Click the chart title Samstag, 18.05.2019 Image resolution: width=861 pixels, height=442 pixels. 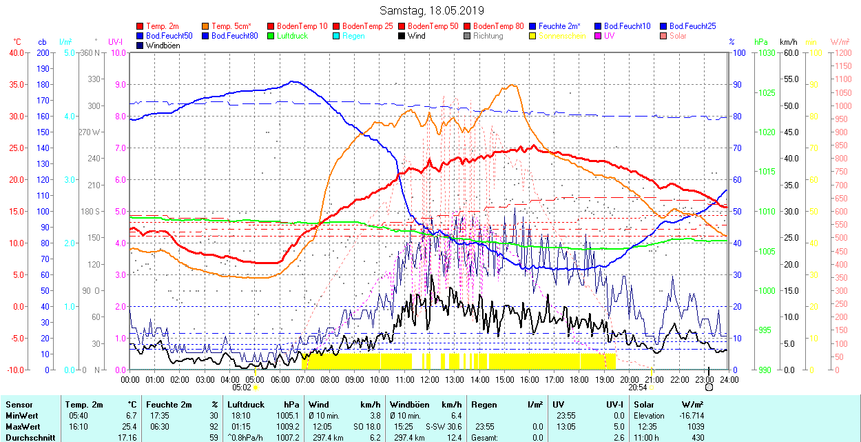431,10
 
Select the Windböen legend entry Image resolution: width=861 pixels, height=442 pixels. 163,46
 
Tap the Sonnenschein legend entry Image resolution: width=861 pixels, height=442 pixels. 562,36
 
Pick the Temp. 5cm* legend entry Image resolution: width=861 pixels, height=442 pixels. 231,26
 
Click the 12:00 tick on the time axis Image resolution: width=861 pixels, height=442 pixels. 430,379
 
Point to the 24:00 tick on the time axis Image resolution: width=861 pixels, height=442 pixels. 729,379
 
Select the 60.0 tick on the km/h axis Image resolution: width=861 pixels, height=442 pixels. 789,52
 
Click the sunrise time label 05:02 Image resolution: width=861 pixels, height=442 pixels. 242,388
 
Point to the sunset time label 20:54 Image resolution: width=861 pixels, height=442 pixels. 638,388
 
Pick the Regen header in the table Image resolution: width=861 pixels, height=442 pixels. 483,405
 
